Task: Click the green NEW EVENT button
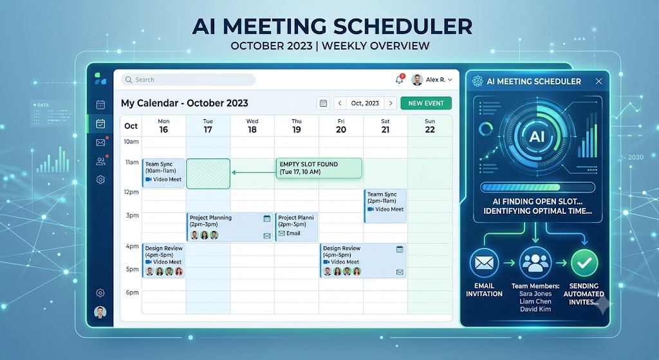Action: (x=426, y=103)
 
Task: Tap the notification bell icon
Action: (x=399, y=79)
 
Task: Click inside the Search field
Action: (x=189, y=79)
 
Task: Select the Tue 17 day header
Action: (x=208, y=126)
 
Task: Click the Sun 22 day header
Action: (x=429, y=126)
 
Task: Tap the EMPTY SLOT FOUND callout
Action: (x=319, y=168)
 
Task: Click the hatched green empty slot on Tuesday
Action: (x=208, y=174)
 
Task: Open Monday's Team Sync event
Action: (x=163, y=173)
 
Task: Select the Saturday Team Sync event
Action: (x=385, y=205)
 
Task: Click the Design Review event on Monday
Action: (x=163, y=260)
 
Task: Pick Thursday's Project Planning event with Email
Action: (x=296, y=227)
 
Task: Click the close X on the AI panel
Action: (x=599, y=81)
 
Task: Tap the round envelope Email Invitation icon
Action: (x=484, y=263)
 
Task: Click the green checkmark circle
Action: (x=584, y=263)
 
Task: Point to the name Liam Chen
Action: (x=535, y=301)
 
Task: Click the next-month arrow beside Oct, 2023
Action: (x=391, y=103)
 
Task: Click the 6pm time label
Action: (x=132, y=292)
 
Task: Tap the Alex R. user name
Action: (x=436, y=79)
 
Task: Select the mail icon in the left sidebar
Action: (x=100, y=142)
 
